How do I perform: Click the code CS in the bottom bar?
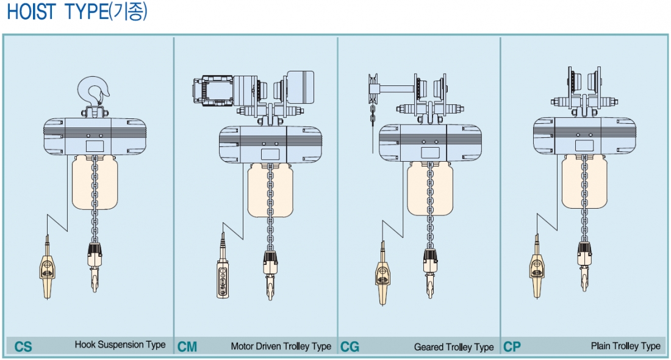click(x=23, y=347)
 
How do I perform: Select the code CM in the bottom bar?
click(x=187, y=347)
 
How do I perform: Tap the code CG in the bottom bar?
click(x=350, y=347)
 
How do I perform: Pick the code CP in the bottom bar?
click(x=512, y=347)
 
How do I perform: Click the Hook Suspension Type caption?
click(x=120, y=345)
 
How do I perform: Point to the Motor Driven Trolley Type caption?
click(x=281, y=347)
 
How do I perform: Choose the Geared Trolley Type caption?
click(x=454, y=347)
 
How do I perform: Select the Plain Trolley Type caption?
click(x=625, y=346)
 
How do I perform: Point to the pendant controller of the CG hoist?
click(x=382, y=275)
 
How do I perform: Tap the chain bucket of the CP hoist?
click(x=585, y=182)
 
